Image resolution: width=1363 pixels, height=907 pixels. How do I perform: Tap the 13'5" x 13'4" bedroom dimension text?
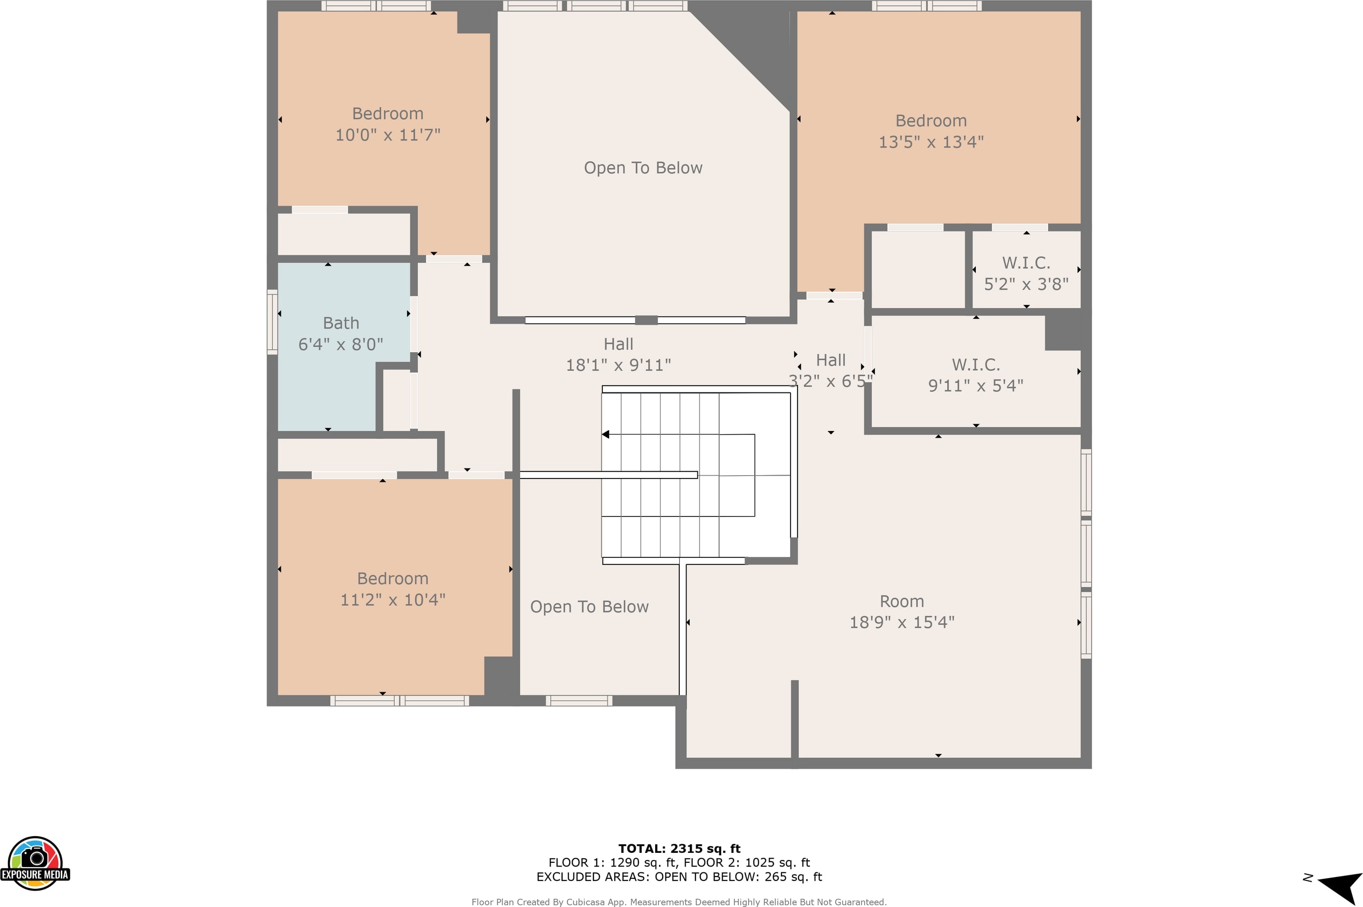(x=931, y=142)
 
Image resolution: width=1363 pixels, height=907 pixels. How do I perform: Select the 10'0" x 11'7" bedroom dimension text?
(x=388, y=135)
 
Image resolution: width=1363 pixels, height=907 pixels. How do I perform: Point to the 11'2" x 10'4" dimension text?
(x=392, y=600)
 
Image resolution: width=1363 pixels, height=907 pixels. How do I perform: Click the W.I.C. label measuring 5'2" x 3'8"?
(x=1026, y=263)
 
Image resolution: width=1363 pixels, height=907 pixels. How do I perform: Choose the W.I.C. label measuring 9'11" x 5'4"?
(x=975, y=364)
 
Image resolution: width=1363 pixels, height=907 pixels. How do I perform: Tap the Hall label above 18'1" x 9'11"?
(x=618, y=344)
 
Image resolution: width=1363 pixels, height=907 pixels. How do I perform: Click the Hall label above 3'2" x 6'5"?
(x=831, y=360)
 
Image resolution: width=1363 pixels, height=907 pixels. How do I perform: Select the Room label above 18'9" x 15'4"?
(x=902, y=601)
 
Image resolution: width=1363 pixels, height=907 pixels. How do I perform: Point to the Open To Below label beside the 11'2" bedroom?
(x=589, y=607)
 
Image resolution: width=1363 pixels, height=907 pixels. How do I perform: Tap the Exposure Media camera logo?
(x=35, y=863)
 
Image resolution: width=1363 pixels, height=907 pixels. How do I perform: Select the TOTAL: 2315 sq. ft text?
(x=679, y=849)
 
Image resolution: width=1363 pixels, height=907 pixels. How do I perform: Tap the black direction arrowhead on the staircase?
(x=605, y=434)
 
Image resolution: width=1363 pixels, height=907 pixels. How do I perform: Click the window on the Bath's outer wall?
(x=272, y=322)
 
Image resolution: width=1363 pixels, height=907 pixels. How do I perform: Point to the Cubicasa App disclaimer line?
(x=679, y=902)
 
